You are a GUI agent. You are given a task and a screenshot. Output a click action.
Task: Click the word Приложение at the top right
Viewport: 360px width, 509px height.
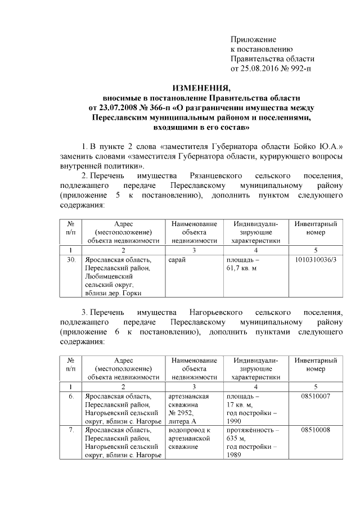point(253,39)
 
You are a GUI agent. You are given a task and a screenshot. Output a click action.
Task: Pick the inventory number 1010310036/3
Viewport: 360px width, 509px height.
point(316,260)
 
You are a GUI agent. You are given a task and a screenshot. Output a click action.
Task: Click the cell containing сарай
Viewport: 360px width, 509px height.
point(177,260)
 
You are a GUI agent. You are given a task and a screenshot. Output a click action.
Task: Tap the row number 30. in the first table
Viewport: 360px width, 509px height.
point(71,260)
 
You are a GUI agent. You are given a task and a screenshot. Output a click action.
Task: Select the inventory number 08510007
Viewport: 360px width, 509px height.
point(316,397)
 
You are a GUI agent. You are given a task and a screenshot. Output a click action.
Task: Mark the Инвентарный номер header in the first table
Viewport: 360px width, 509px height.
point(316,228)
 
